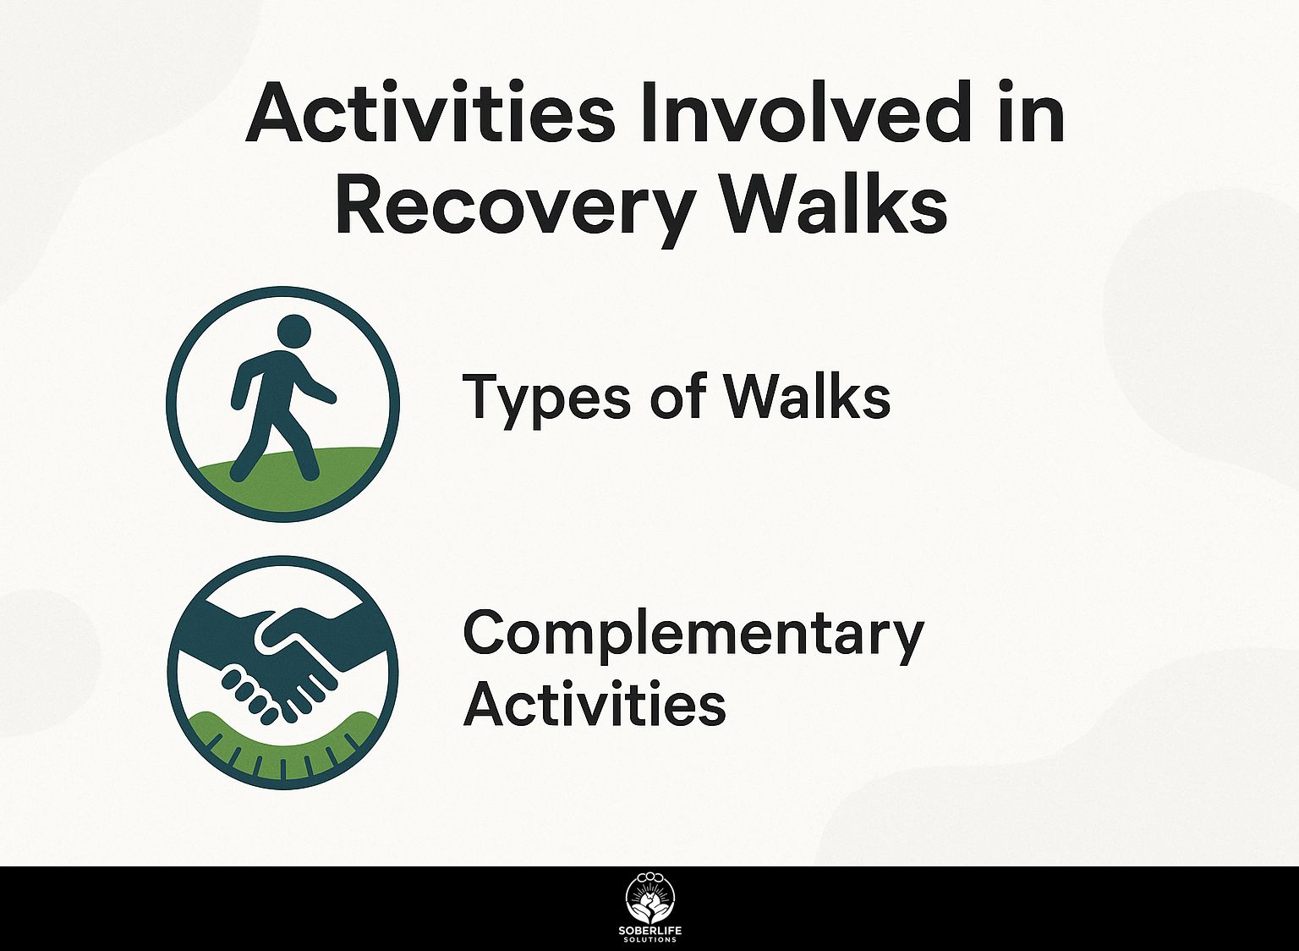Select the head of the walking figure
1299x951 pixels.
tap(294, 332)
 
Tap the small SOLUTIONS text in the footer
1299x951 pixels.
tap(650, 941)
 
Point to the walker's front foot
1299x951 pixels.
tap(311, 474)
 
